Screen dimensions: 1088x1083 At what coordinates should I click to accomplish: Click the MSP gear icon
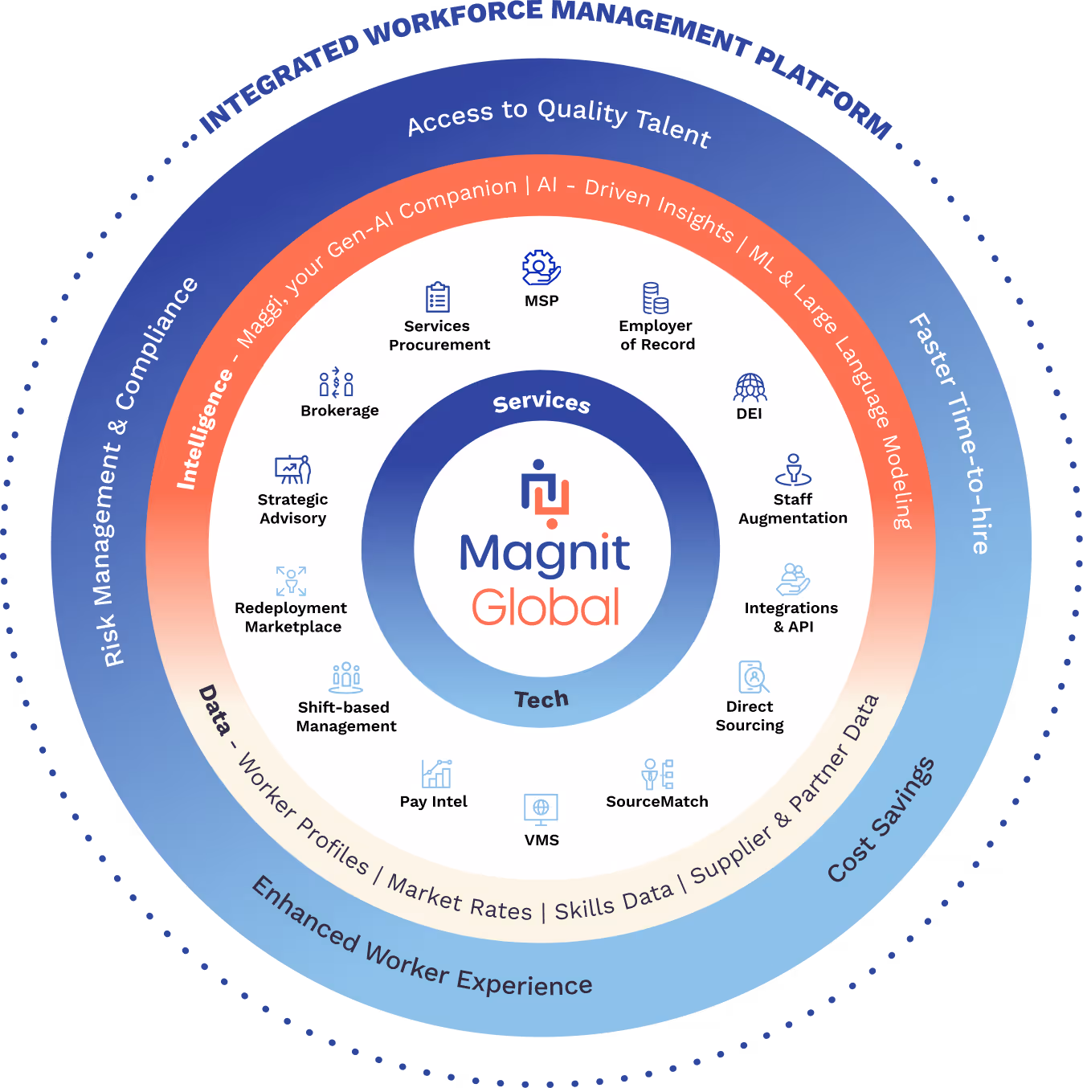point(541,268)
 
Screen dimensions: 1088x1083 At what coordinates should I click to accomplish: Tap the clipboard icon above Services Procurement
point(438,297)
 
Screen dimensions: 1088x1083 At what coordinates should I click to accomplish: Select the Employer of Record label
point(656,335)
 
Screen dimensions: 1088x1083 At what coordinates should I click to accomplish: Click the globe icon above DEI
point(750,387)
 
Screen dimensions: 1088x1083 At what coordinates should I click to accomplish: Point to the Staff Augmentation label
point(792,509)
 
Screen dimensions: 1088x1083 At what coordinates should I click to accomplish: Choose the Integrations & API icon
point(793,579)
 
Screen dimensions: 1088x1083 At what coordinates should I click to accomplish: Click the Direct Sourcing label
point(750,716)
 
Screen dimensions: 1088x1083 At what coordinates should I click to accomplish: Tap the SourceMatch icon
point(657,774)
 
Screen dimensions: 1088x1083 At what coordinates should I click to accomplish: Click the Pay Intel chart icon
point(436,774)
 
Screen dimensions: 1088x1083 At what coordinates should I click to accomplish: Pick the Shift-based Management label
point(345,717)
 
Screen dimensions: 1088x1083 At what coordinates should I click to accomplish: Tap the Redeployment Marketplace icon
point(291,581)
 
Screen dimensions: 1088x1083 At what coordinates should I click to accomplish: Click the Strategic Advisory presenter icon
point(292,470)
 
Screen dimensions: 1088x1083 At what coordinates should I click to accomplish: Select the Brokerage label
point(339,411)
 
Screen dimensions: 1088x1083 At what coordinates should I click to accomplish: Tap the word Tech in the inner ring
point(541,699)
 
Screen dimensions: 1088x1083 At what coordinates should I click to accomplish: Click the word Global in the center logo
point(546,607)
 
